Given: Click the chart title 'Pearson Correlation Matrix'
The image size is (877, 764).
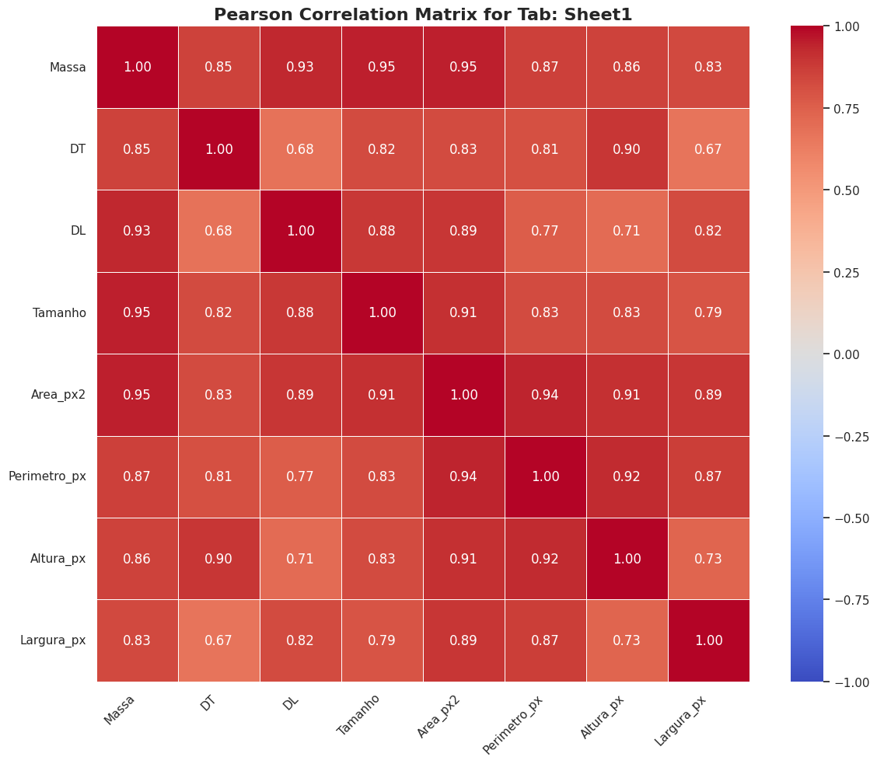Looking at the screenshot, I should pos(423,15).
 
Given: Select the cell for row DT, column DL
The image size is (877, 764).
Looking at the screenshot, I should pos(300,149).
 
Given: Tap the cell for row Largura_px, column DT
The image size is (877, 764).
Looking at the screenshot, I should pos(218,640).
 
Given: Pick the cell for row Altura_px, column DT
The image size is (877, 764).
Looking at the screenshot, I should pos(218,559).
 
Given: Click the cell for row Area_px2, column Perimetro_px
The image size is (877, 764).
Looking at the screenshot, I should pos(545,395).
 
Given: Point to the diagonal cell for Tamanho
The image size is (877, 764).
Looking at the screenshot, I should pos(382,312).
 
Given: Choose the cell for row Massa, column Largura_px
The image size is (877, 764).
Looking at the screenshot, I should pos(708,67).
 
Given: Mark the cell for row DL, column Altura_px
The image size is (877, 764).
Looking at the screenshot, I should pos(627,231).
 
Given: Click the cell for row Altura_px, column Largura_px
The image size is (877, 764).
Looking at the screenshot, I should pos(708,559).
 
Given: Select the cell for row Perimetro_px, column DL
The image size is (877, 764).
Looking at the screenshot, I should pos(300,476).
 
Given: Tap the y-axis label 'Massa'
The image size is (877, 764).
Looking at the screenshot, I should pos(68,67).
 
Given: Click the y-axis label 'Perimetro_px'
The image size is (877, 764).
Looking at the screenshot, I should pos(47,476).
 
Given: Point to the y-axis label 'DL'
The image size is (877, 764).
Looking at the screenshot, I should pos(78,231).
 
